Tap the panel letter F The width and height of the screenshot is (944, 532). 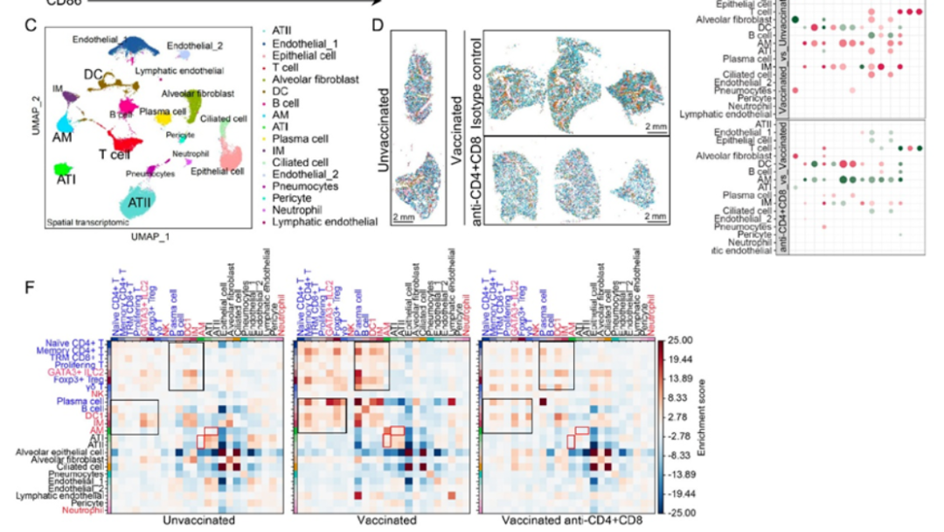tap(30, 285)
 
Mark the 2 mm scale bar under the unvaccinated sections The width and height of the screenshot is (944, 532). tap(403, 216)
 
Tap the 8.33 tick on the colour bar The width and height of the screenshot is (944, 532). tap(682, 396)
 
